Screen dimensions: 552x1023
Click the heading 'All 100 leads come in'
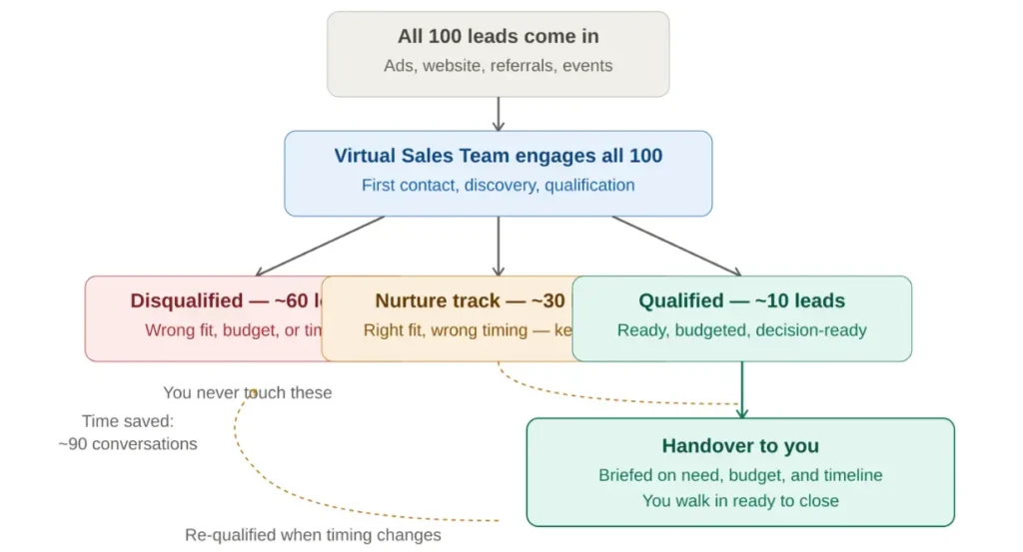click(498, 37)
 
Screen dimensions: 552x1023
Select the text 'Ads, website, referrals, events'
click(498, 66)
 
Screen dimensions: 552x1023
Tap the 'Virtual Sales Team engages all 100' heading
click(498, 156)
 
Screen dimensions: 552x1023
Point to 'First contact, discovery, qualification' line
click(498, 185)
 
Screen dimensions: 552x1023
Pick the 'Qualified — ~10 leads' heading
click(741, 300)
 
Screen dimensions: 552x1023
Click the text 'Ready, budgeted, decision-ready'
click(741, 330)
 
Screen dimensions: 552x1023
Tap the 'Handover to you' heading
click(740, 446)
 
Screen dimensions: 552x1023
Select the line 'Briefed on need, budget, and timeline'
click(740, 475)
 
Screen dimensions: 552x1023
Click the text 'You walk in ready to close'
click(740, 501)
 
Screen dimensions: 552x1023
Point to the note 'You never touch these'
click(248, 393)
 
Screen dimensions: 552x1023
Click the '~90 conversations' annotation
click(128, 444)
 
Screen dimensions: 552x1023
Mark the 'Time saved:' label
click(128, 421)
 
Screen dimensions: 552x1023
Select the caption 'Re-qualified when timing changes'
click(313, 535)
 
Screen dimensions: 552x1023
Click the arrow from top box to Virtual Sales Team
click(498, 114)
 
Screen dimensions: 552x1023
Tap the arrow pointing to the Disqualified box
click(320, 246)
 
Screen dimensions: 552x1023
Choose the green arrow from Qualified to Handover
click(741, 389)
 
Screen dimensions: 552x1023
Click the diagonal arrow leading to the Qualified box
click(676, 246)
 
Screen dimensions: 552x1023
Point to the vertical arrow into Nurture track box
click(498, 246)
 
